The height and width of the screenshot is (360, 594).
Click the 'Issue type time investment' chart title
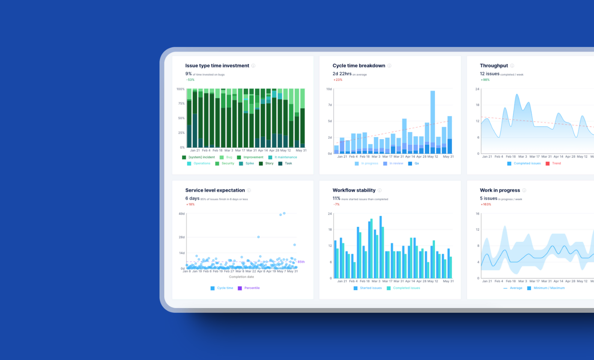tap(217, 66)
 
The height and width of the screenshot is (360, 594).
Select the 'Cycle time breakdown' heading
tap(358, 66)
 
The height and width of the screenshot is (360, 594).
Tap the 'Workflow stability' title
tap(354, 190)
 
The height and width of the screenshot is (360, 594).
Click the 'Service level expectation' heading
tap(215, 190)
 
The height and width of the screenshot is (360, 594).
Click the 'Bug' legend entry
tap(229, 157)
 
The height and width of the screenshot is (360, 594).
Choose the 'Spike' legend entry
tap(249, 163)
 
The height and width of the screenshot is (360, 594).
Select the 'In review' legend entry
tap(396, 163)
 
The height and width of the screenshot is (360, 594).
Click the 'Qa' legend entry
tap(416, 163)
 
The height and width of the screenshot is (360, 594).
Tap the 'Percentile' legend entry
tap(252, 288)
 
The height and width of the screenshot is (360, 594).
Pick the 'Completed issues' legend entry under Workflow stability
tap(406, 288)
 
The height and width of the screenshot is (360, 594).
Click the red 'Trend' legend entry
tap(556, 163)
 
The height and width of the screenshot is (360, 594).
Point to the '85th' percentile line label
tap(301, 262)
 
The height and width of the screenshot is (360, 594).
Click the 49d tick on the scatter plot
tap(181, 214)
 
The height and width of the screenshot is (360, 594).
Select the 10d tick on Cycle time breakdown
tap(329, 89)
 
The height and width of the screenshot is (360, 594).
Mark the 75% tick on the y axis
tap(181, 103)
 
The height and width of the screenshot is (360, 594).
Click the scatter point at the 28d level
tap(258, 237)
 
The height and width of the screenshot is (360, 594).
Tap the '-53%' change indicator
tap(190, 80)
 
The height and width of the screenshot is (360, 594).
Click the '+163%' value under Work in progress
tap(486, 204)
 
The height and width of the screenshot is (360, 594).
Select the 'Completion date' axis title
tap(241, 277)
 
